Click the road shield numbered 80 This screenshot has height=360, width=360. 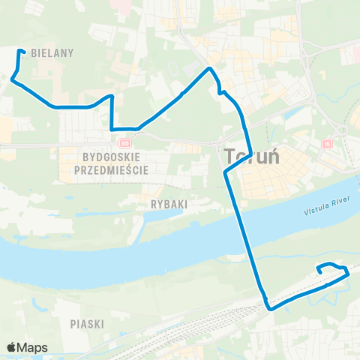(x=124, y=142)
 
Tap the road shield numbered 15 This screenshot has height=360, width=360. (x=325, y=143)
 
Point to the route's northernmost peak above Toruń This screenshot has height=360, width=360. (x=210, y=69)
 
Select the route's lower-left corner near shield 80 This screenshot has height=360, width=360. (x=112, y=129)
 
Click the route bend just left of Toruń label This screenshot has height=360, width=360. (x=226, y=173)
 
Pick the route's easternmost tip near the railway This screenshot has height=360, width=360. (x=349, y=274)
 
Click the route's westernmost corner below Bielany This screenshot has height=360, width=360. (x=12, y=79)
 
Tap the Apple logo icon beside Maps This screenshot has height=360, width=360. (x=11, y=347)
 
